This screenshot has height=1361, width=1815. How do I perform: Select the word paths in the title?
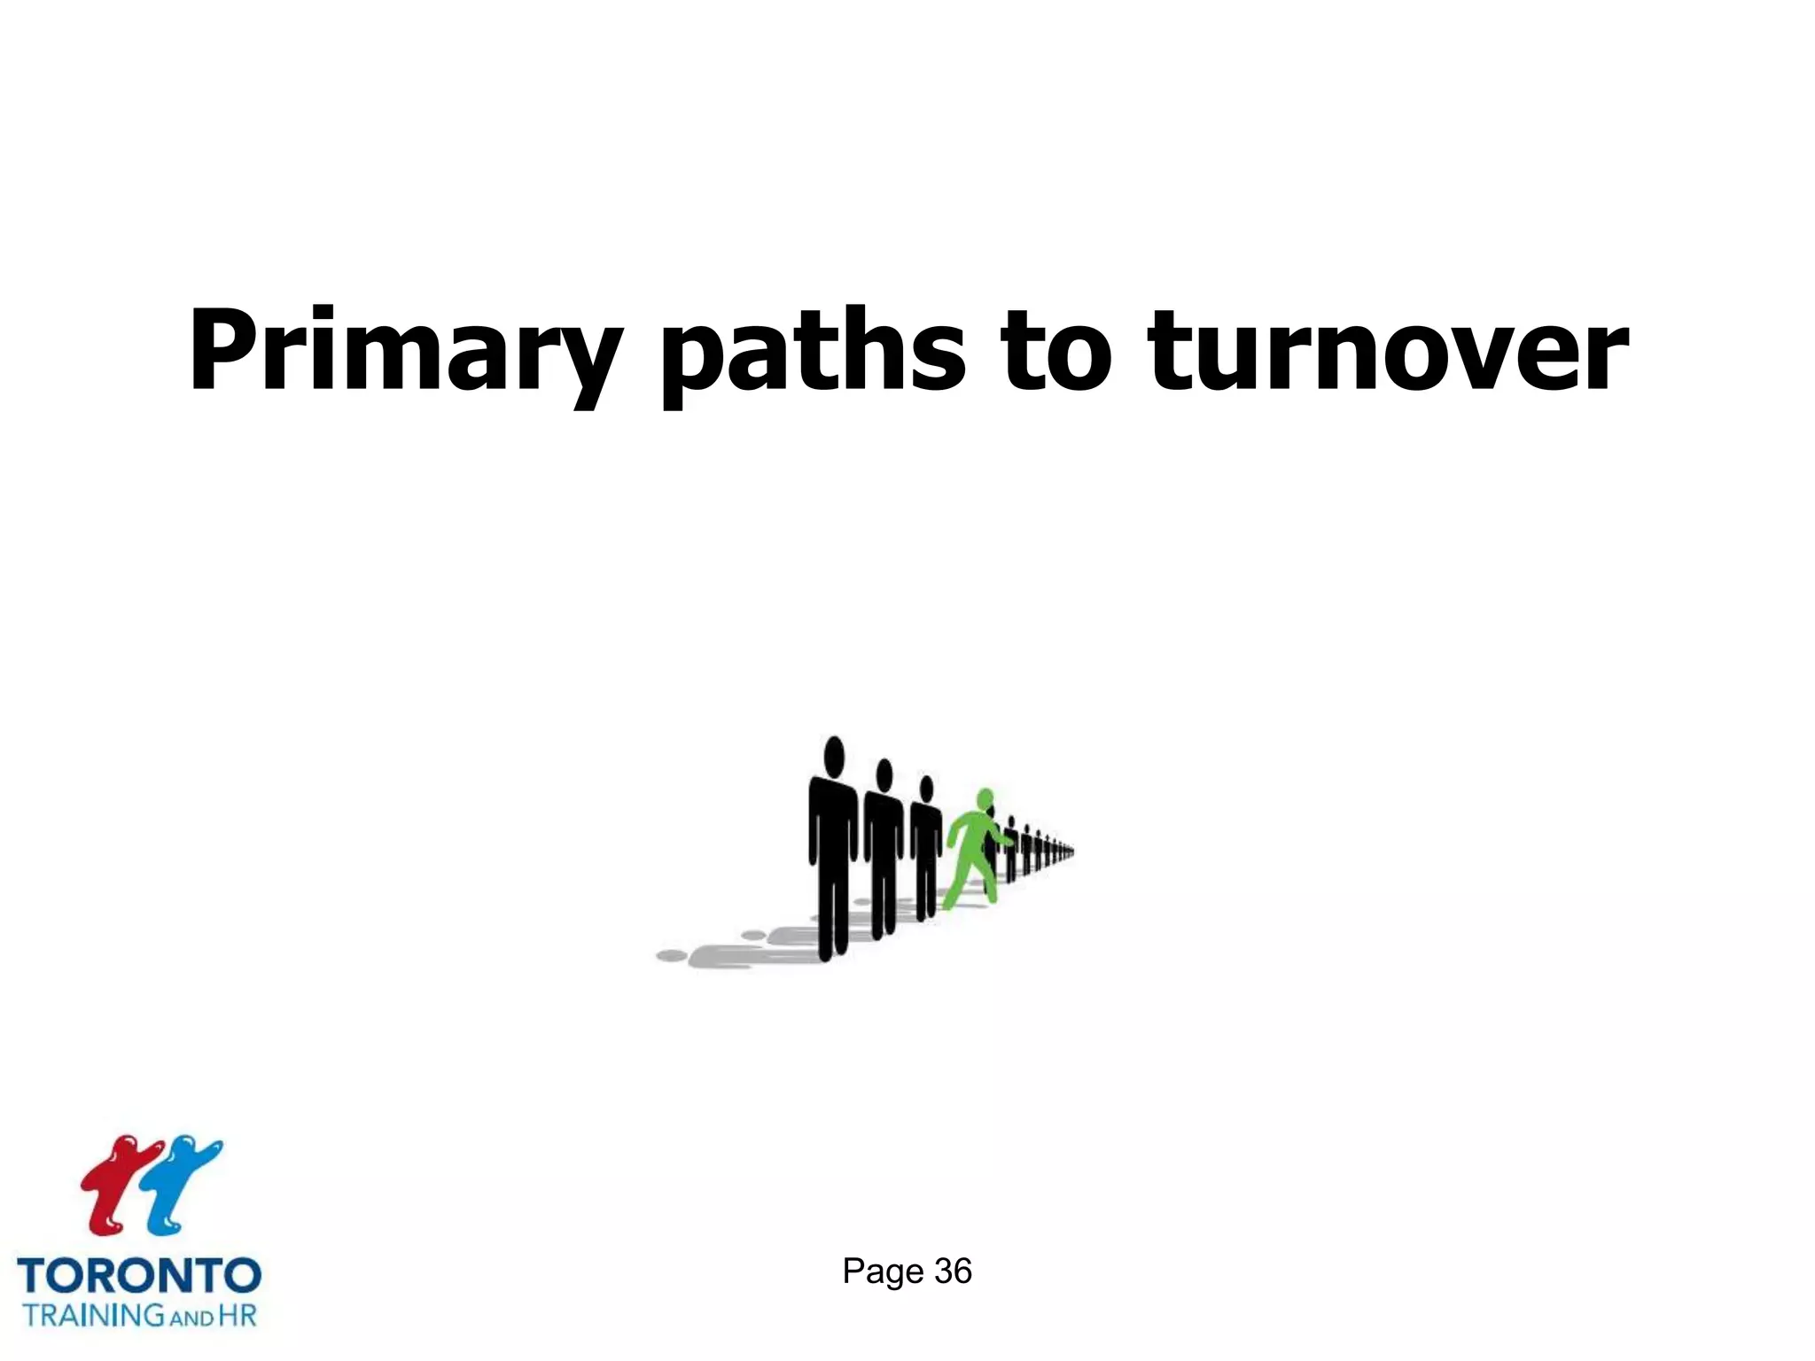click(x=812, y=352)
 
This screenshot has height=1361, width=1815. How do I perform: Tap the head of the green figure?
click(x=985, y=798)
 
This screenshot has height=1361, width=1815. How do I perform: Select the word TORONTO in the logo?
click(x=139, y=1277)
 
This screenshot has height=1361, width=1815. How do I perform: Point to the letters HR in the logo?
click(x=237, y=1314)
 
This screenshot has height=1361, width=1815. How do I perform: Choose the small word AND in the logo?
click(x=191, y=1318)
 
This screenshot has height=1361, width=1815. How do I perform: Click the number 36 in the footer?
click(x=953, y=1272)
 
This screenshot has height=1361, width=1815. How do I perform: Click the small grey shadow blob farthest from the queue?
click(x=672, y=955)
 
